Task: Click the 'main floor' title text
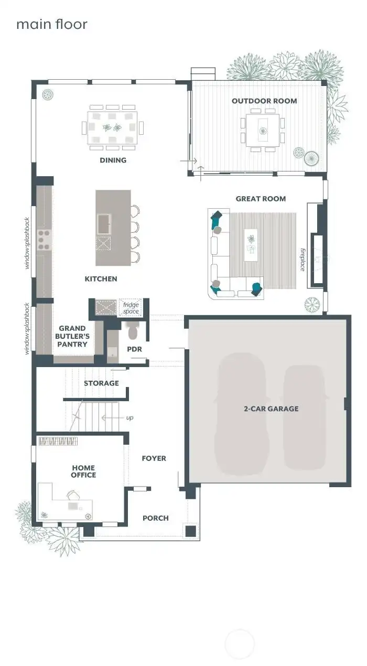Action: click(x=51, y=25)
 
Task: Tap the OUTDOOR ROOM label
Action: click(x=264, y=101)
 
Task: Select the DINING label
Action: click(x=113, y=160)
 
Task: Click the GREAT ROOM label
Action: click(x=261, y=199)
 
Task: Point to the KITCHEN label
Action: click(x=101, y=279)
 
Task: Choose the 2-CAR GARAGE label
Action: click(x=271, y=409)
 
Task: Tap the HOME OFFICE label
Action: click(x=84, y=471)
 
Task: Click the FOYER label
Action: click(x=154, y=458)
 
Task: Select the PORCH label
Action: click(x=156, y=518)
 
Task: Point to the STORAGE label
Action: click(x=101, y=383)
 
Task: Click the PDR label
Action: click(x=134, y=349)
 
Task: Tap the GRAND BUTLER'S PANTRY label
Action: click(x=72, y=337)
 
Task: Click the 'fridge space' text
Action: click(x=131, y=308)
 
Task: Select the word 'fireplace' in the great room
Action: click(x=303, y=260)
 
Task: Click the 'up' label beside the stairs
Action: click(x=129, y=418)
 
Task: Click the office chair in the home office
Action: click(x=73, y=495)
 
